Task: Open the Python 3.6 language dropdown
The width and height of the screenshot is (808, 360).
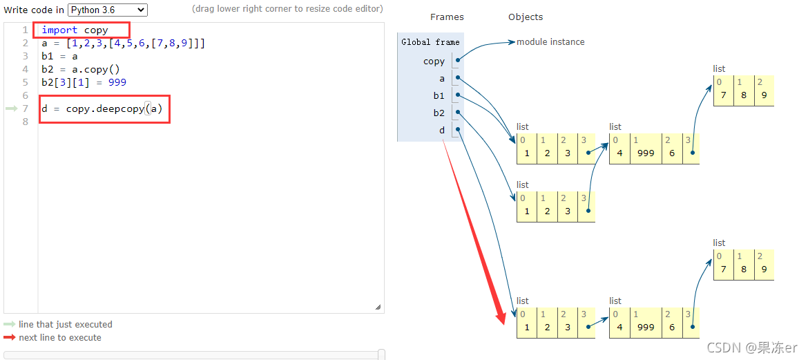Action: tap(108, 10)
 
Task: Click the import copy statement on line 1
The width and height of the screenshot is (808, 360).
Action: tap(75, 30)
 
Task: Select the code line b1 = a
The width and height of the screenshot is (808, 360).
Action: tap(59, 56)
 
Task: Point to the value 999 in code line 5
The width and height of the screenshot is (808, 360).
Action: tap(117, 82)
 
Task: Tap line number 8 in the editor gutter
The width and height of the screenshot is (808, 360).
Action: tap(25, 122)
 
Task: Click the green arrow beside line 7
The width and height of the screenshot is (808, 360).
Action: tap(11, 108)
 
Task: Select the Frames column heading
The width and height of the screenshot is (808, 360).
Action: tap(447, 17)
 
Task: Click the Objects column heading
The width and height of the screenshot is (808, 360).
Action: tap(526, 17)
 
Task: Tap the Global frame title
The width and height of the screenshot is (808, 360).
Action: tap(430, 42)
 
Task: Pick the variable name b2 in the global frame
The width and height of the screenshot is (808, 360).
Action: tap(439, 113)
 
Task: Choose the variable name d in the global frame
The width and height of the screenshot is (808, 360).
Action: tap(442, 130)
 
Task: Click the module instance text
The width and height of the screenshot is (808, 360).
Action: tap(550, 42)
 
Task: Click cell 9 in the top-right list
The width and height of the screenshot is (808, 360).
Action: tap(764, 95)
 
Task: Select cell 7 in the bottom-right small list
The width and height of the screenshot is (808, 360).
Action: tap(723, 269)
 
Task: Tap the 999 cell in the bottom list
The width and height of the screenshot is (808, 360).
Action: tap(646, 327)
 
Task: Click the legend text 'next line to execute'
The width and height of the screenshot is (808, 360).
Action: tap(60, 338)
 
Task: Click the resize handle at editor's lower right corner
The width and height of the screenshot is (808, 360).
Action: tap(378, 307)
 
